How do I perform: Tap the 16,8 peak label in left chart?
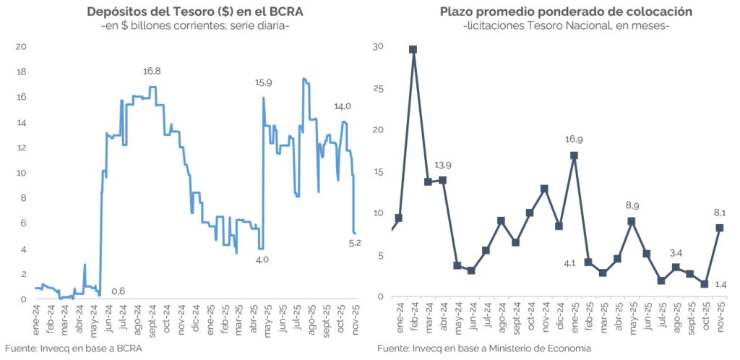click(x=152, y=71)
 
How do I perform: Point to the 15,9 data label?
click(x=264, y=82)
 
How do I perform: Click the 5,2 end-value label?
click(x=355, y=243)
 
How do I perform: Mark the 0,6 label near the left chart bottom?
click(x=118, y=291)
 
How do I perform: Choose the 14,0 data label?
click(x=343, y=106)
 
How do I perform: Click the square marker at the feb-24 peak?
click(x=413, y=49)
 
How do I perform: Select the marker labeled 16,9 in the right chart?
click(x=574, y=155)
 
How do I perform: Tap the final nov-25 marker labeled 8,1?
click(x=720, y=228)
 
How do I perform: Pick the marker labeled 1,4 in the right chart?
click(x=705, y=284)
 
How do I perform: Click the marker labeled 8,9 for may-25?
click(x=632, y=221)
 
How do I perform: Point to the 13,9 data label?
click(x=442, y=180)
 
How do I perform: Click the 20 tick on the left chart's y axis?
click(x=22, y=47)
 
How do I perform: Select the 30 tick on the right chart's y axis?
click(x=378, y=47)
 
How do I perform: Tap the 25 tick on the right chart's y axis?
click(x=378, y=89)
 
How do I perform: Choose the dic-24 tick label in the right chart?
click(x=559, y=315)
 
